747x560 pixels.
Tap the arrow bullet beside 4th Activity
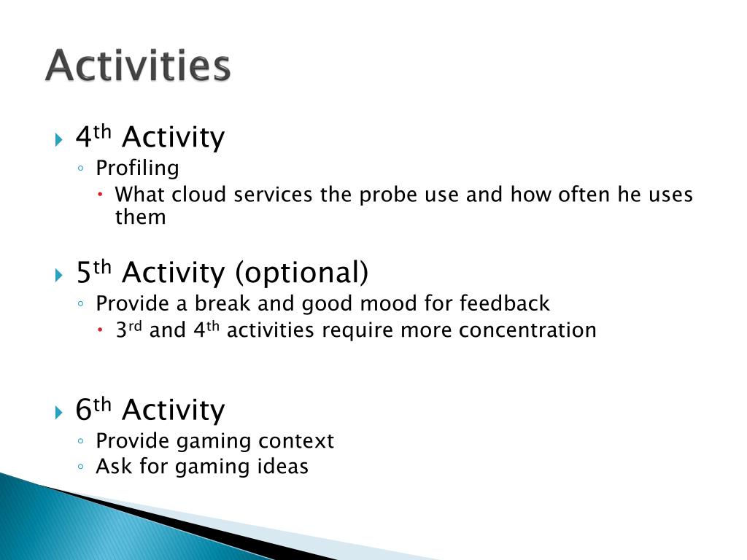(x=58, y=139)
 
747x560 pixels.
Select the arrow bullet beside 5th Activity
(x=58, y=275)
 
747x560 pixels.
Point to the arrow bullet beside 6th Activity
(x=58, y=412)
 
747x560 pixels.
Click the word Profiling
(x=137, y=168)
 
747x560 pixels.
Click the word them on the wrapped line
(x=140, y=217)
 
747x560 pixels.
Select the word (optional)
(x=302, y=273)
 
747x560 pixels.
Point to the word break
(x=222, y=303)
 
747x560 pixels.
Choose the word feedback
(x=505, y=303)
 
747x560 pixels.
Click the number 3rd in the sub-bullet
(x=128, y=330)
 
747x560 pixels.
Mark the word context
(x=296, y=441)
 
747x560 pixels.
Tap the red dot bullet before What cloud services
(x=100, y=194)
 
